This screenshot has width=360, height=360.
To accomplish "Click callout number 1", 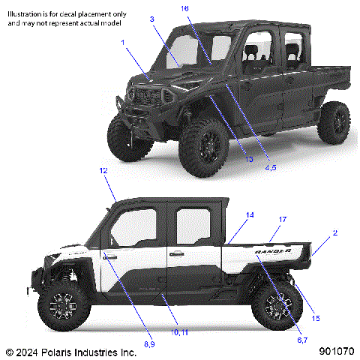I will [123, 43].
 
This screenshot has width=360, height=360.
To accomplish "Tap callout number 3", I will [151, 19].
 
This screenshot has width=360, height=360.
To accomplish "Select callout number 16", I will [185, 8].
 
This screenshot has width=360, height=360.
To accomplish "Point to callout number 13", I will [249, 159].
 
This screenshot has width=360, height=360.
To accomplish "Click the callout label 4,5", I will [271, 168].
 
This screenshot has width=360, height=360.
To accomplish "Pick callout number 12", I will [104, 171].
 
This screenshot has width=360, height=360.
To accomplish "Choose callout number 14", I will [250, 215].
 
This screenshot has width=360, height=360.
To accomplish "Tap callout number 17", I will [283, 219].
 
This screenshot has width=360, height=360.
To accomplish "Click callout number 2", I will [334, 233].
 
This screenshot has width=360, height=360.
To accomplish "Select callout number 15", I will [316, 318].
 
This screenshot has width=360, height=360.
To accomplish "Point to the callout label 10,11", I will [180, 331].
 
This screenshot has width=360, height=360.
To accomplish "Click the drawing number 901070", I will [336, 351].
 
